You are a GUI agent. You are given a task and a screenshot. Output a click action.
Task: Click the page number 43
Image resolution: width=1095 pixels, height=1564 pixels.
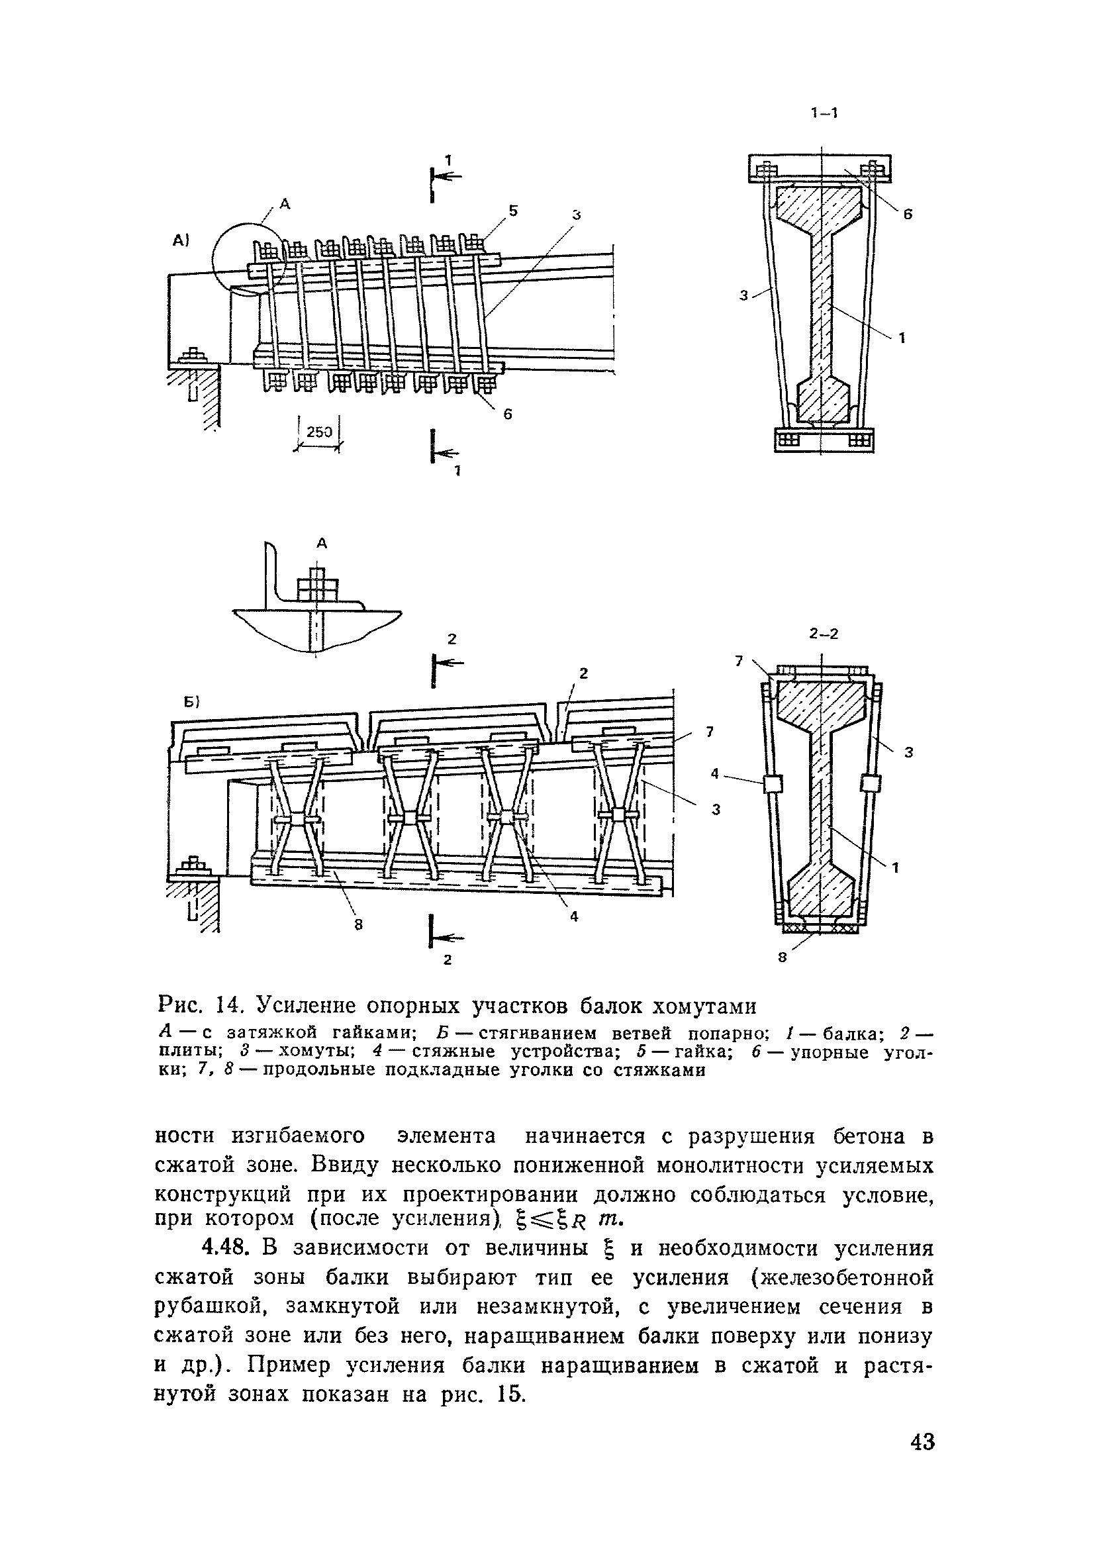[922, 1461]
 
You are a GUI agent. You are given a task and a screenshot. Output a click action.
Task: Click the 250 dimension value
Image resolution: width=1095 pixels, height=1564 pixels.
[318, 432]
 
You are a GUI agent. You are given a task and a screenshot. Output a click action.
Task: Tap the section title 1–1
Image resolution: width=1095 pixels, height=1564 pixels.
[824, 113]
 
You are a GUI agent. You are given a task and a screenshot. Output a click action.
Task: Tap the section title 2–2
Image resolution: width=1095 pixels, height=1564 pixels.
[824, 634]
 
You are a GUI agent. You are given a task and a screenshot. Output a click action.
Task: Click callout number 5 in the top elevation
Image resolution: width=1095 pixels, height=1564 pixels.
[513, 211]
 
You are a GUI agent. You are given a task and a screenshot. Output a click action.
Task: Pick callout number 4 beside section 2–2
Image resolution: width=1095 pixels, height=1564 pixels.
[714, 773]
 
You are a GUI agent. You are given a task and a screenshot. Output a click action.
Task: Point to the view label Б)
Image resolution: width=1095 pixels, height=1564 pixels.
[187, 703]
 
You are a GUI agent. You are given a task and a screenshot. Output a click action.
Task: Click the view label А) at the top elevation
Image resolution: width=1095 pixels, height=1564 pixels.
[180, 240]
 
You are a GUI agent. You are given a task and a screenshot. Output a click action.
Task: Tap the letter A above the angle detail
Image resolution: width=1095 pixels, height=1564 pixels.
[322, 543]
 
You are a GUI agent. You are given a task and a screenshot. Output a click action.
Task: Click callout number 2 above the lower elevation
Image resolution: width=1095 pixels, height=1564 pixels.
[583, 673]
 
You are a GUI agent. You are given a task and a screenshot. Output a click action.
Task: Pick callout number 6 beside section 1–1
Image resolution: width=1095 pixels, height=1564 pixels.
[907, 215]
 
